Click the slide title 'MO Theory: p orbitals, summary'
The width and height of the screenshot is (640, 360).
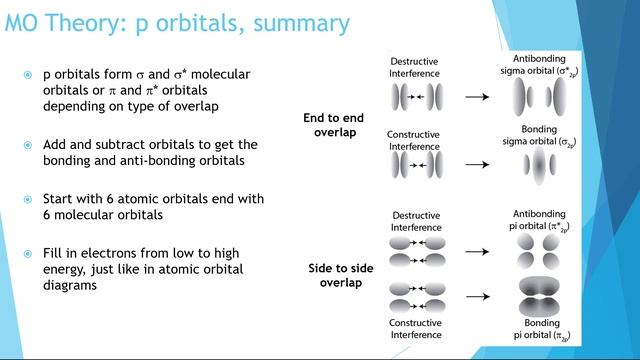[178, 22]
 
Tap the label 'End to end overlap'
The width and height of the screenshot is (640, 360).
[333, 125]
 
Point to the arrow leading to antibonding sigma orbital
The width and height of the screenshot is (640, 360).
[477, 98]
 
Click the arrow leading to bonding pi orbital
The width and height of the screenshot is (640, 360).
[477, 297]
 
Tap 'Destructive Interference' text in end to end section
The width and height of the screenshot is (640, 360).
[415, 67]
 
